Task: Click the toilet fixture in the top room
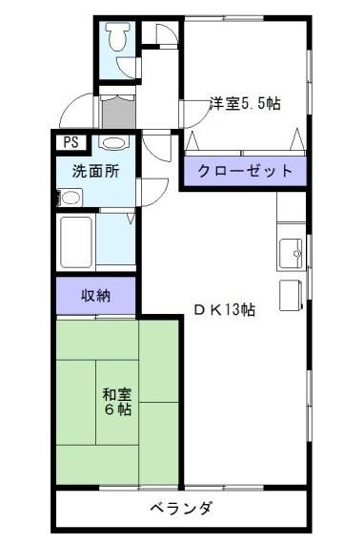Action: [x=116, y=37]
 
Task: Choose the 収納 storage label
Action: [x=95, y=295]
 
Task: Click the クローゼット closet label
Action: [x=245, y=172]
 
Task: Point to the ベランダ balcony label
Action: [x=181, y=507]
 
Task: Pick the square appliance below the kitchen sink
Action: [x=290, y=294]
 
